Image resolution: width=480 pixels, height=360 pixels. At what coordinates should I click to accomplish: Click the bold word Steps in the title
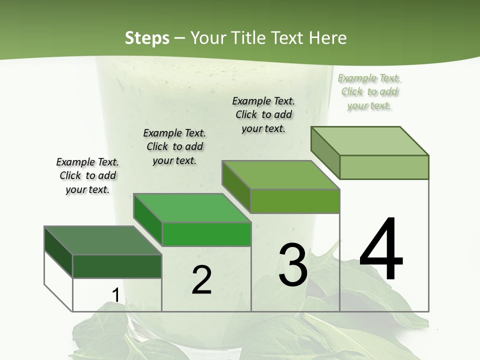tap(147, 38)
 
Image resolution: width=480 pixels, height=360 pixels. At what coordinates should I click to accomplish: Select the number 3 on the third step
tap(293, 265)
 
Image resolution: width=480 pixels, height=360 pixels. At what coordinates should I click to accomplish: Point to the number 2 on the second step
tap(201, 280)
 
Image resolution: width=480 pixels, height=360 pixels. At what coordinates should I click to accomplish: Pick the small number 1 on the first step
tap(115, 295)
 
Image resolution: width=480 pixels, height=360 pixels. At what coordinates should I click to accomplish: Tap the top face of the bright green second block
tap(192, 208)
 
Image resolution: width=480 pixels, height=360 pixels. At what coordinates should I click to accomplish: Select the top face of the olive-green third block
tap(280, 175)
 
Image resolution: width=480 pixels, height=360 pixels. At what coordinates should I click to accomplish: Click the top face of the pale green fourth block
tap(369, 141)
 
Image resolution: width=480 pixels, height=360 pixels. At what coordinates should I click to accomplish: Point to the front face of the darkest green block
tap(117, 266)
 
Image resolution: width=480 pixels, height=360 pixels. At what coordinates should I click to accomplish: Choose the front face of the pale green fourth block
tap(384, 167)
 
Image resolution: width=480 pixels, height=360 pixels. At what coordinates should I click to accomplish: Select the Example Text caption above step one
tap(87, 175)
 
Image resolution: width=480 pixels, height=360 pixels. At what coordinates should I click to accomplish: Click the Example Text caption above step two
tap(174, 146)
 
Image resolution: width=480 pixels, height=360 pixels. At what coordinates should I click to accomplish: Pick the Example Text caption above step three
tap(263, 114)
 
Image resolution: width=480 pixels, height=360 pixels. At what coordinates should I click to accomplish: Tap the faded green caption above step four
tap(369, 91)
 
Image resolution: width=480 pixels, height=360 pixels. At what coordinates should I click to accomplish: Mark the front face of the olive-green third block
tap(295, 201)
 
